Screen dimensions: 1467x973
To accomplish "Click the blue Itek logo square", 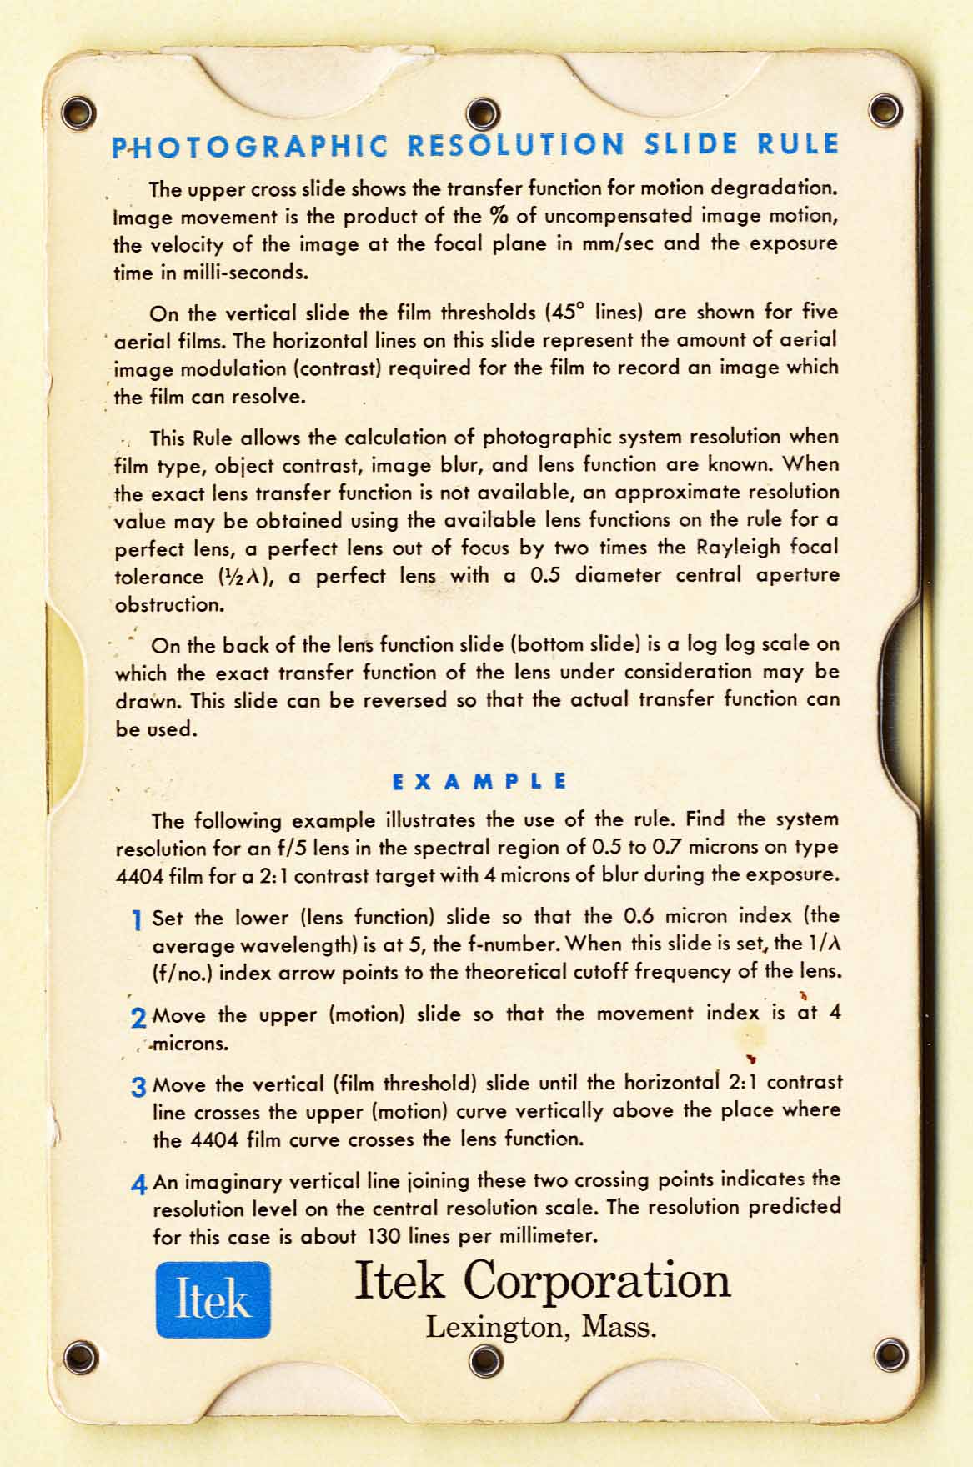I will click(213, 1299).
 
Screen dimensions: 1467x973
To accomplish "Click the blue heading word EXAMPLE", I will click(479, 782).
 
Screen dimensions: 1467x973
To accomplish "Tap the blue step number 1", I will click(137, 920).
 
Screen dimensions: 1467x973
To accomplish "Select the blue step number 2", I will click(138, 1017).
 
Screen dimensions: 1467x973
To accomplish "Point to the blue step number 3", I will click(138, 1087).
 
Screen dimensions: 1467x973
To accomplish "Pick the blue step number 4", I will click(139, 1184).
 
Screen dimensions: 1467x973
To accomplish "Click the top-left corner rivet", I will click(80, 110).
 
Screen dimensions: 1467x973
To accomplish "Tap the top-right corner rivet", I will click(885, 109).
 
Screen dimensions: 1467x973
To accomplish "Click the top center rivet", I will click(483, 113).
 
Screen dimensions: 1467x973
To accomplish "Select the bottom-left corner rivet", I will click(81, 1357).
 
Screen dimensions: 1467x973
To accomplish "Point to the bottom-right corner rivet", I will click(890, 1354).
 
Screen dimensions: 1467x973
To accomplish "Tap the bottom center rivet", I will click(485, 1361).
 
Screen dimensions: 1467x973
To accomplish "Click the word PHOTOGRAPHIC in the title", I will click(250, 147).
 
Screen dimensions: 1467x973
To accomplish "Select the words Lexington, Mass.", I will click(541, 1326).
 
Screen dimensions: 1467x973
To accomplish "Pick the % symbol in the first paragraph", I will click(499, 216).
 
